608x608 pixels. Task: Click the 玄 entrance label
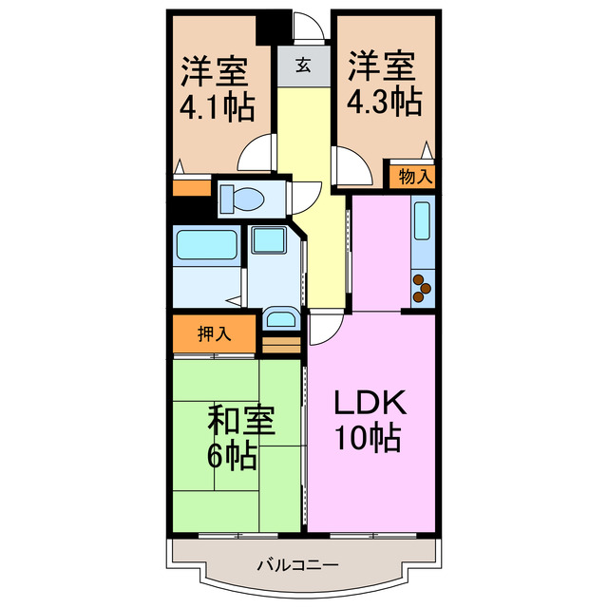pyautogui.click(x=303, y=66)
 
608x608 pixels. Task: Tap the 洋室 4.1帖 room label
pyautogui.click(x=216, y=88)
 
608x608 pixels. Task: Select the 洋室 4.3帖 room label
pyautogui.click(x=384, y=85)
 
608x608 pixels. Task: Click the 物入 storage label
pyautogui.click(x=416, y=176)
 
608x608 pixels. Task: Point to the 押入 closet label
pyautogui.click(x=215, y=333)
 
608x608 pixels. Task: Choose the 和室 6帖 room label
pyautogui.click(x=231, y=438)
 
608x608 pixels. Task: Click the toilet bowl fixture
pyautogui.click(x=242, y=199)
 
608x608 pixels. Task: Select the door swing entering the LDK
pyautogui.click(x=321, y=329)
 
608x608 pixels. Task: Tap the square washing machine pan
pyautogui.click(x=269, y=242)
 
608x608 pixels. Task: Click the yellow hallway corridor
pyautogui.click(x=313, y=190)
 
